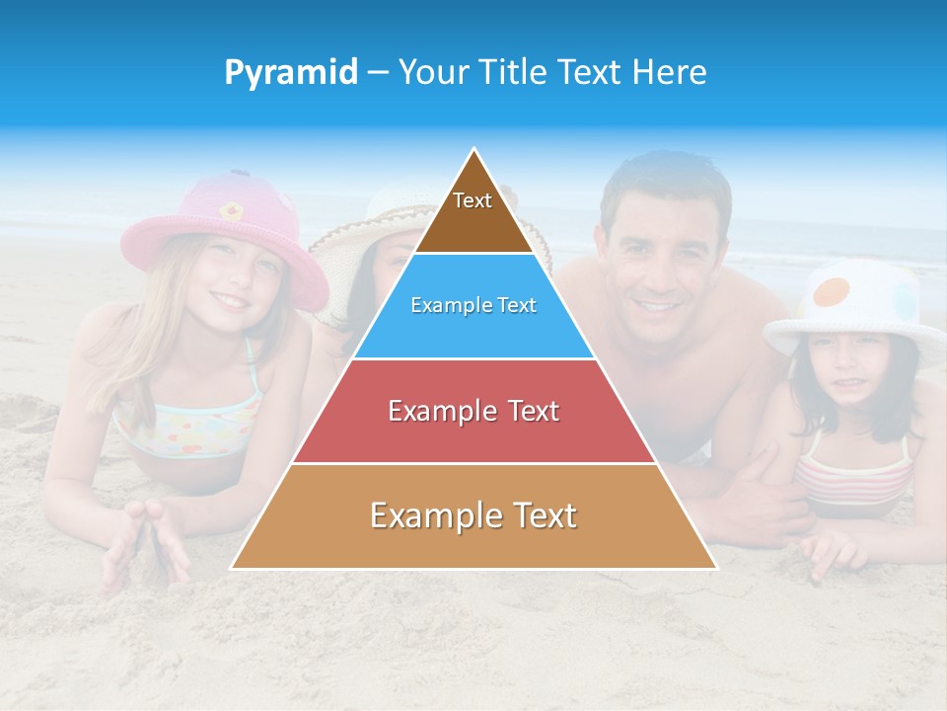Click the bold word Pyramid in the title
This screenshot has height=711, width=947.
(291, 73)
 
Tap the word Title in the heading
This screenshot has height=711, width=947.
(514, 72)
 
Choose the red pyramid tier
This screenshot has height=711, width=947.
(473, 411)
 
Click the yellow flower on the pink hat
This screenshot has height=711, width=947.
(231, 210)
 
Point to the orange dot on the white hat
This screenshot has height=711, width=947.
(835, 292)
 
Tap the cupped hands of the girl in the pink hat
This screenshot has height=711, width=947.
(147, 543)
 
